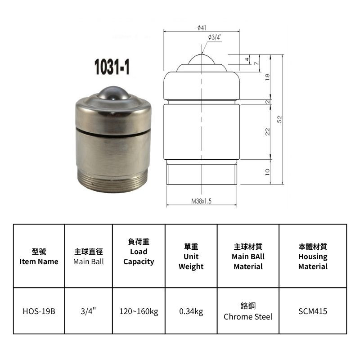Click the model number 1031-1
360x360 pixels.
point(112,67)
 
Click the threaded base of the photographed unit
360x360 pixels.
point(113,181)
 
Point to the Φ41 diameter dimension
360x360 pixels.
point(202,28)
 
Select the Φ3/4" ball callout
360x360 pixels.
point(215,37)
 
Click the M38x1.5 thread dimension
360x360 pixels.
point(201,201)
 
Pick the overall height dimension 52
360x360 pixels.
point(279,119)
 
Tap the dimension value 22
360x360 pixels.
point(267,131)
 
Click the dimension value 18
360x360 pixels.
point(267,76)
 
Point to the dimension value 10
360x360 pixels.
point(267,172)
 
